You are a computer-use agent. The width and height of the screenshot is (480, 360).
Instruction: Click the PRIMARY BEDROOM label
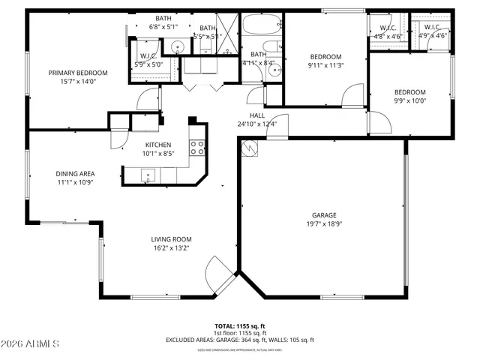click(x=78, y=73)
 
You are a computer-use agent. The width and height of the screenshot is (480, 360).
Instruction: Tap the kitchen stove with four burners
click(x=197, y=147)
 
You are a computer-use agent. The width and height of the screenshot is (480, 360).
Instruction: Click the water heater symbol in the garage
click(x=248, y=149)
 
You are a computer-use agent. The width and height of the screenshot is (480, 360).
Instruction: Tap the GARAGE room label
click(x=324, y=215)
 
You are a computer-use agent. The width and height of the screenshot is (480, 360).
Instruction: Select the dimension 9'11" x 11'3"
click(x=325, y=65)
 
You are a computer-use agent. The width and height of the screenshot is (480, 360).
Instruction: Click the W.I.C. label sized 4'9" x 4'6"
click(x=432, y=28)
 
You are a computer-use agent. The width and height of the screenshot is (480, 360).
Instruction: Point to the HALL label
click(x=256, y=115)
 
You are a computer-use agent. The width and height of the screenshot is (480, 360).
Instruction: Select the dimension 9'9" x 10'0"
click(x=410, y=101)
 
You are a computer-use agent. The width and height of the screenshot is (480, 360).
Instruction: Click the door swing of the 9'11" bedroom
click(x=349, y=95)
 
